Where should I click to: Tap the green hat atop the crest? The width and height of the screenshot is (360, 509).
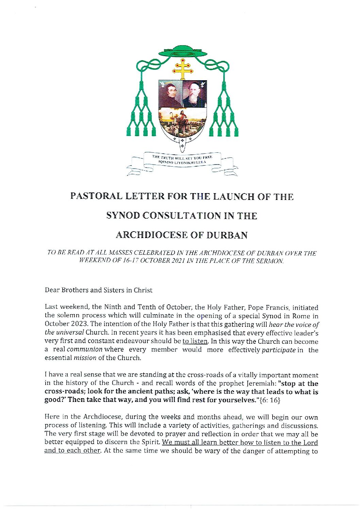pos(183,52)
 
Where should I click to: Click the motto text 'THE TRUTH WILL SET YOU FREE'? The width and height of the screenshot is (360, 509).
pos(182,158)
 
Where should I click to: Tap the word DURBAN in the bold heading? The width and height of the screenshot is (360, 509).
pos(228,235)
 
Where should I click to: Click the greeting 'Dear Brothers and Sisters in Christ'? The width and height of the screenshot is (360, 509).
pos(99,290)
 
